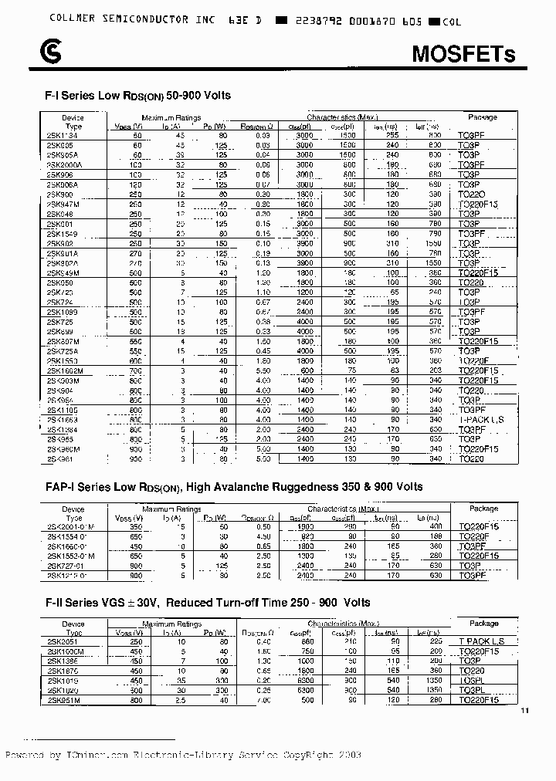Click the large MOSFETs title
(x=463, y=53)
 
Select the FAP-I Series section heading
(x=234, y=486)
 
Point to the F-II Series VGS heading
(x=208, y=602)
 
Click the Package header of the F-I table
(x=483, y=117)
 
